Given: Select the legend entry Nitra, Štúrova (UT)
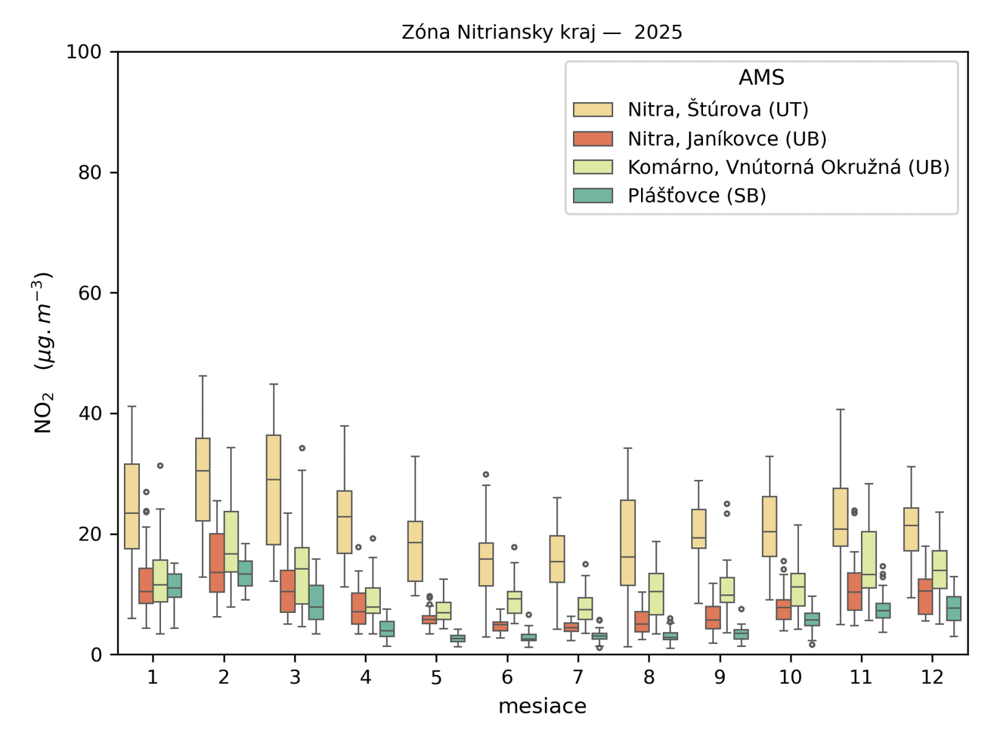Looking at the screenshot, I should click(x=717, y=110).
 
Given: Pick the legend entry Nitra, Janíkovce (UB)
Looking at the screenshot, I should click(x=727, y=139).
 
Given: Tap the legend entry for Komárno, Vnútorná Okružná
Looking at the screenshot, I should click(x=788, y=167).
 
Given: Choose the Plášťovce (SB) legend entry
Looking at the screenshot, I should click(x=696, y=196).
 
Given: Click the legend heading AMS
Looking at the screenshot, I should click(x=761, y=78).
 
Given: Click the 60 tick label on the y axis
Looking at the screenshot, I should click(x=90, y=293).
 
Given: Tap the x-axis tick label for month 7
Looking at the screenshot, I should click(x=578, y=677).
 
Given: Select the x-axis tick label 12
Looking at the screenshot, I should click(x=932, y=677).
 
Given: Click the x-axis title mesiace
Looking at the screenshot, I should click(x=542, y=706).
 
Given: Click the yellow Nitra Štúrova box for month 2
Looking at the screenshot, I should click(x=203, y=480).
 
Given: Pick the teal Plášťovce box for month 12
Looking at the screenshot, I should click(x=954, y=609).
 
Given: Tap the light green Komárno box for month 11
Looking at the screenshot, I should click(x=868, y=560).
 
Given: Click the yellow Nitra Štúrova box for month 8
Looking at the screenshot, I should click(x=627, y=542).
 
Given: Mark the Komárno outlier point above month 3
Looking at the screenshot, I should click(x=302, y=448).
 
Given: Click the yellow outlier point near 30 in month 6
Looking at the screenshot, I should click(x=486, y=475).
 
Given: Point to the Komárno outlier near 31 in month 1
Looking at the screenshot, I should click(x=160, y=466).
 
